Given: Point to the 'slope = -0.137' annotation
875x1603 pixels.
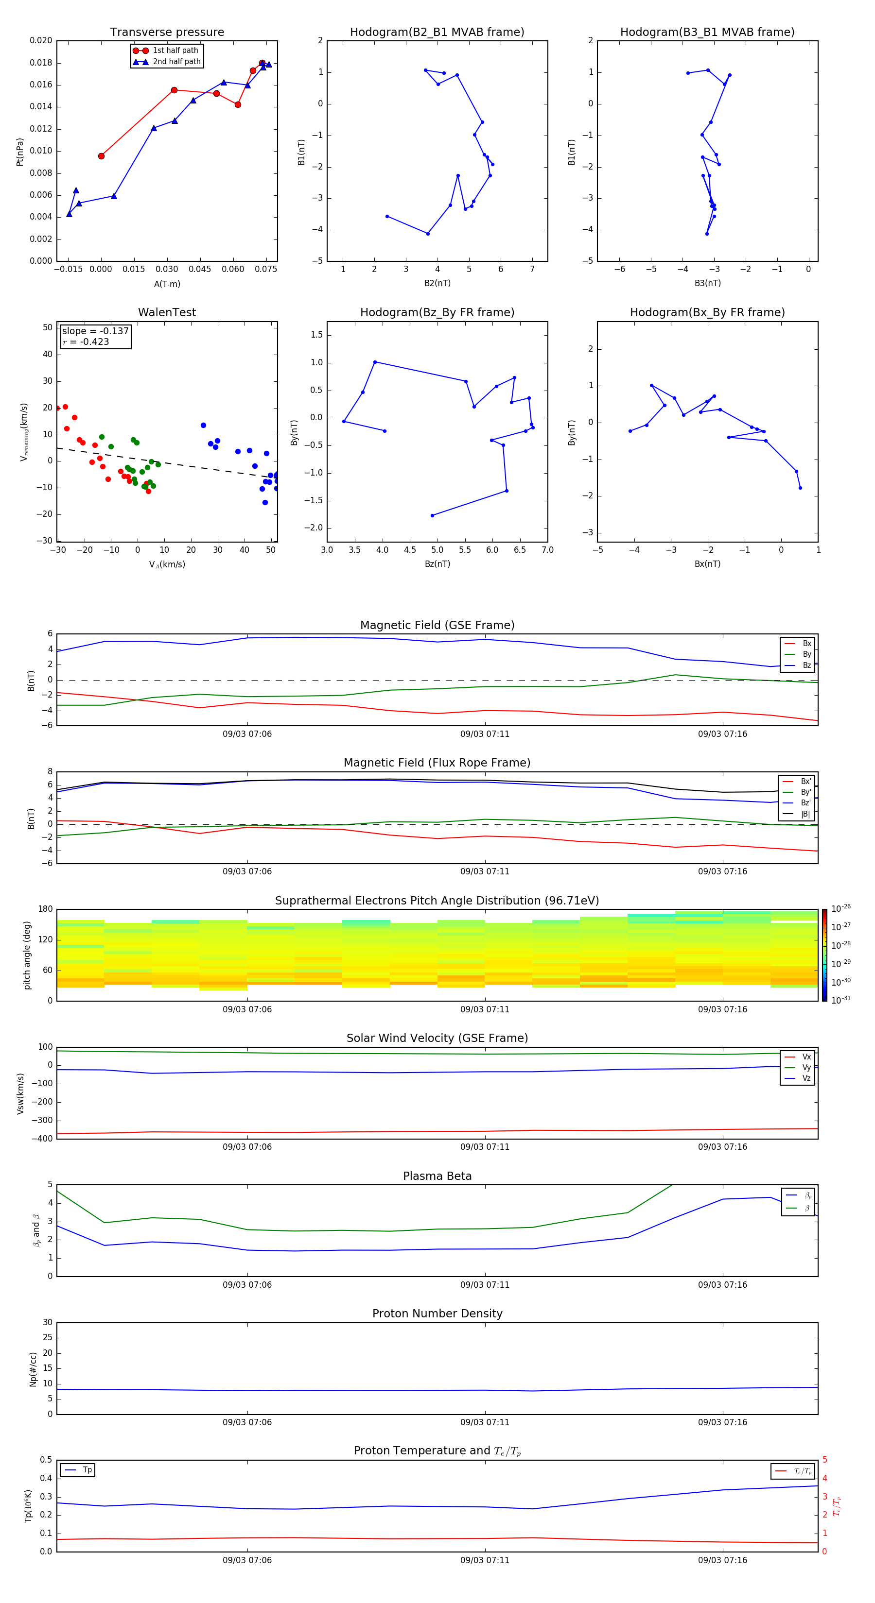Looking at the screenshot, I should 95,331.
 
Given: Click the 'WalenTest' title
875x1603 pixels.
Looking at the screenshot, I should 167,312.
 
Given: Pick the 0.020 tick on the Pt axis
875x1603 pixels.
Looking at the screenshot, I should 41,40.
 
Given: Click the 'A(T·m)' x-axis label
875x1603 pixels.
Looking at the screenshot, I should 167,284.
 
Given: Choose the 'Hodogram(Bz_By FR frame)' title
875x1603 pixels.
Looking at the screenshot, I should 437,312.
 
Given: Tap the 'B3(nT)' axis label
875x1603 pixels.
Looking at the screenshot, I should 707,283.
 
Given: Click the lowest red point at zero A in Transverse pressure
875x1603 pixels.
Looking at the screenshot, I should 102,156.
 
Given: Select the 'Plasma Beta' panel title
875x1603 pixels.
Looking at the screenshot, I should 437,1176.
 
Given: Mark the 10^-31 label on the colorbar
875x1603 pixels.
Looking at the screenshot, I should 841,1000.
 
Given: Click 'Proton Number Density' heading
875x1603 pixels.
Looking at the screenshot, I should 437,1313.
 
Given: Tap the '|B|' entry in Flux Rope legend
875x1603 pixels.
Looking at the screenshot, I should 805,814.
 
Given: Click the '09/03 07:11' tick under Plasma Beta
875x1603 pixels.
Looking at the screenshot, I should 485,1284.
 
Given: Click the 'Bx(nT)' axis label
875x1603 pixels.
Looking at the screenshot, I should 707,564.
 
